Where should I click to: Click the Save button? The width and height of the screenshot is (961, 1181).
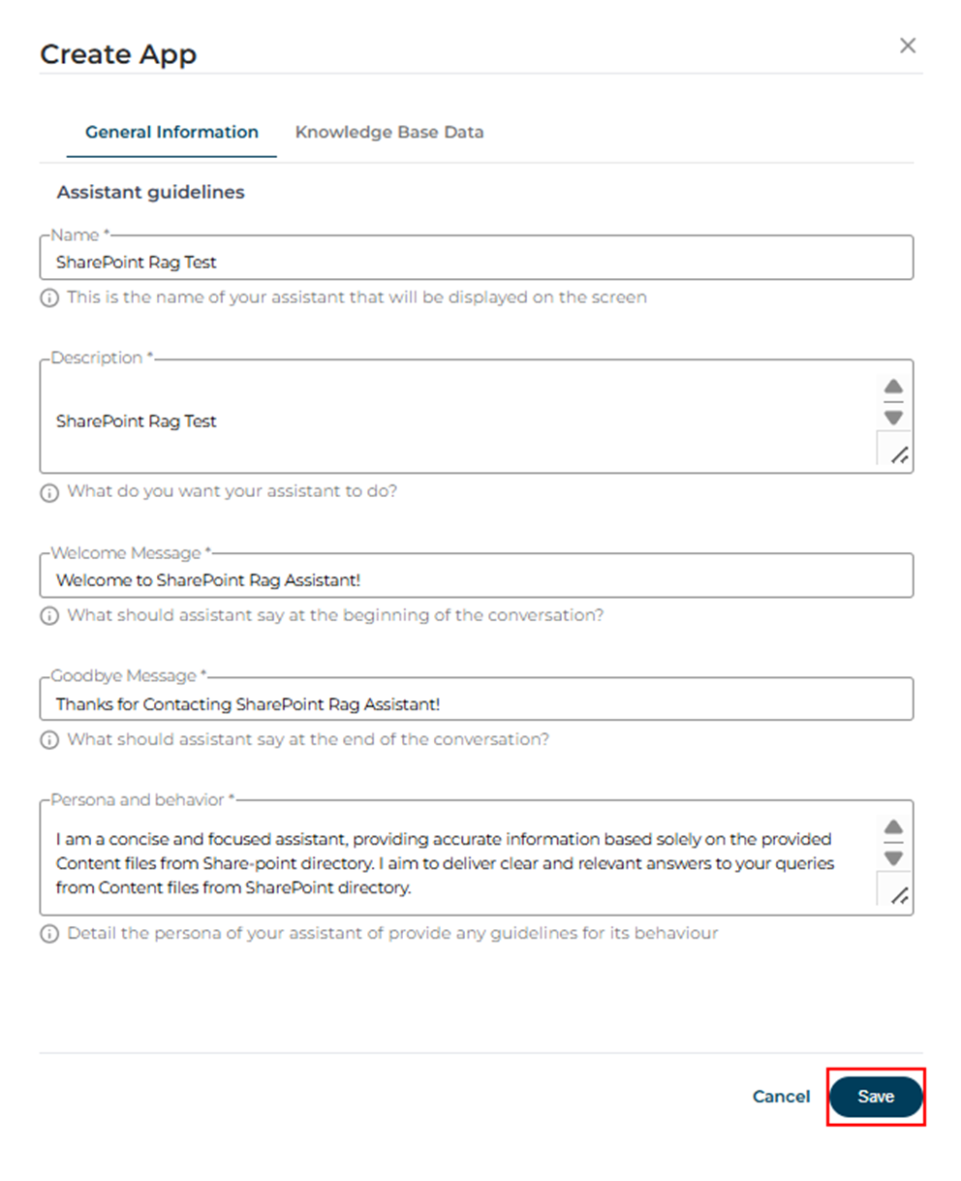[x=876, y=1097]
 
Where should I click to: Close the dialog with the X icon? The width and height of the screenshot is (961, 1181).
[x=908, y=46]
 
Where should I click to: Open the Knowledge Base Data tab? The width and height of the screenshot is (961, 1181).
[x=389, y=132]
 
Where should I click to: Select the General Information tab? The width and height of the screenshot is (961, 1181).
[x=171, y=132]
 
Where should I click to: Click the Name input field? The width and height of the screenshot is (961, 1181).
[x=476, y=262]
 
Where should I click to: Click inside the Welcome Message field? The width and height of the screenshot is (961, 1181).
[x=476, y=580]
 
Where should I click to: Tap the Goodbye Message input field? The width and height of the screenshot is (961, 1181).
[x=476, y=704]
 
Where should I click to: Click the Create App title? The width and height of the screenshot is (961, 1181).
[x=118, y=54]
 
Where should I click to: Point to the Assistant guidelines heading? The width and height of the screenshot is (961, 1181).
[x=150, y=192]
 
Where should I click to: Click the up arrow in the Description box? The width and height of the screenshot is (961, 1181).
[x=893, y=387]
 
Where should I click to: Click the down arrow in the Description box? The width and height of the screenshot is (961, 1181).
[x=893, y=418]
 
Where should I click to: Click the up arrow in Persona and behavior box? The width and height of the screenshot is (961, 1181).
[x=893, y=826]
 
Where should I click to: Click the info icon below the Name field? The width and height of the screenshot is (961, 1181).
[x=49, y=298]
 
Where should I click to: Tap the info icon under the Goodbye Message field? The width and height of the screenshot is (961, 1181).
[x=49, y=740]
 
